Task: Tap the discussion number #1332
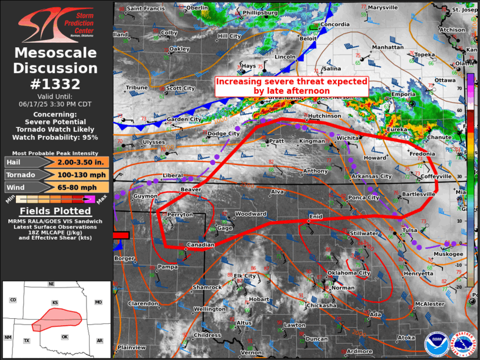(56, 84)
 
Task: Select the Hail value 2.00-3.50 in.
(81, 163)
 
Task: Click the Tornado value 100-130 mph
(81, 175)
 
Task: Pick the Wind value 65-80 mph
(81, 187)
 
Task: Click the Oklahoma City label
(349, 273)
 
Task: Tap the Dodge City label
(224, 134)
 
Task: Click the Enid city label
(316, 217)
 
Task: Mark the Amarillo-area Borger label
(124, 258)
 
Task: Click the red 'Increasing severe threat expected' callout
(292, 86)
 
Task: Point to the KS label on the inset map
(55, 303)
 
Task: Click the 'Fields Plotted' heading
(56, 211)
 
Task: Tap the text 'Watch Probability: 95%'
(56, 137)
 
